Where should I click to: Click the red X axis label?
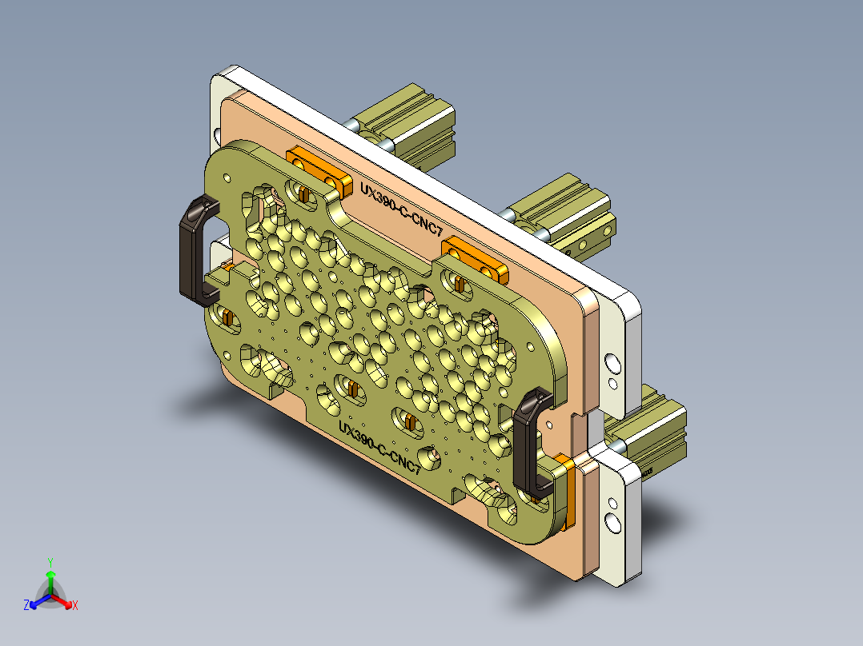pyautogui.click(x=75, y=606)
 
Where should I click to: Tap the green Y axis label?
pyautogui.click(x=50, y=562)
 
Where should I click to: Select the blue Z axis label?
pyautogui.click(x=26, y=605)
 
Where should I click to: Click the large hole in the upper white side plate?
pyautogui.click(x=612, y=364)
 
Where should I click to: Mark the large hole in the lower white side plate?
pyautogui.click(x=612, y=521)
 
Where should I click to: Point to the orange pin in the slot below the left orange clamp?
pyautogui.click(x=303, y=193)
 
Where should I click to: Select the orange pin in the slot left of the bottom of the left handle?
pyautogui.click(x=227, y=318)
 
